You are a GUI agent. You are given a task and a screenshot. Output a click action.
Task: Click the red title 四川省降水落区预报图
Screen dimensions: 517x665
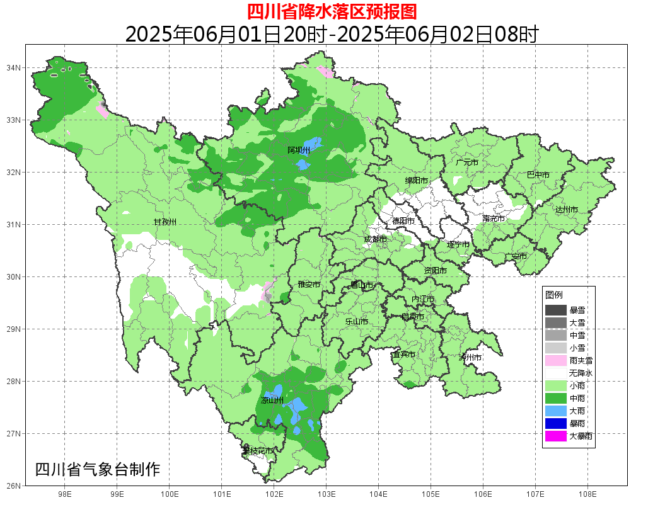coord(332,11)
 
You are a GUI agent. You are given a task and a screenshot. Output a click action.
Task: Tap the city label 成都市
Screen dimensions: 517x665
coord(375,239)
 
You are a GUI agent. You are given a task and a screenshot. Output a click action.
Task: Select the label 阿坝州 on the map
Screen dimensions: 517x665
coord(298,151)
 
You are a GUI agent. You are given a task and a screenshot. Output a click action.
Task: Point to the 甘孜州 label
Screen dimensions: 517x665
coord(165,222)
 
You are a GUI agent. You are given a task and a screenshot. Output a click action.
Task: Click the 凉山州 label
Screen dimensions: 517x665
coord(272,401)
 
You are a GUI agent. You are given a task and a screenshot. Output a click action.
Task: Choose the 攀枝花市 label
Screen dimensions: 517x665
coord(258,451)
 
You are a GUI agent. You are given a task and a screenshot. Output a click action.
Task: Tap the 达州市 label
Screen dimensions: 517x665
coord(566,209)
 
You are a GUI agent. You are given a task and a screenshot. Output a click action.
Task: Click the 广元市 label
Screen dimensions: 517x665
coord(466,162)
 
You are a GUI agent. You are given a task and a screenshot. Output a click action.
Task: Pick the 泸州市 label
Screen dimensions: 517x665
coord(470,357)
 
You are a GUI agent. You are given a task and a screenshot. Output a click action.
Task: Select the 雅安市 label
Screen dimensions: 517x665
coord(309,285)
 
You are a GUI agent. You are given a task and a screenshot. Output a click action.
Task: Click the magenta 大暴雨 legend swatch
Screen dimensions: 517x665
coord(556,436)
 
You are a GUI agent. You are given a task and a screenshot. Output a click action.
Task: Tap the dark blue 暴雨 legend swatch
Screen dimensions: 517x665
coord(556,423)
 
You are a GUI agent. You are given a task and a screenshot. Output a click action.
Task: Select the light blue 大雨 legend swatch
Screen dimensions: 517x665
coord(556,411)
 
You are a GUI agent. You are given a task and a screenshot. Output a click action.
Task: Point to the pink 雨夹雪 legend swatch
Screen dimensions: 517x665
coord(556,360)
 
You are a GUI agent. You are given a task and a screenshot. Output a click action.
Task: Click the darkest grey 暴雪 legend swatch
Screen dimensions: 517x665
coord(556,310)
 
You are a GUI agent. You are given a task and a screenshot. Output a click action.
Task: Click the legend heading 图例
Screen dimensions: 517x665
coord(554,295)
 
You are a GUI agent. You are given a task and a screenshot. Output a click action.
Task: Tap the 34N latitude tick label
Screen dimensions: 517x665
coord(14,67)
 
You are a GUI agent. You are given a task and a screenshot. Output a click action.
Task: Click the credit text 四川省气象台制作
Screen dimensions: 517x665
coord(98,469)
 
